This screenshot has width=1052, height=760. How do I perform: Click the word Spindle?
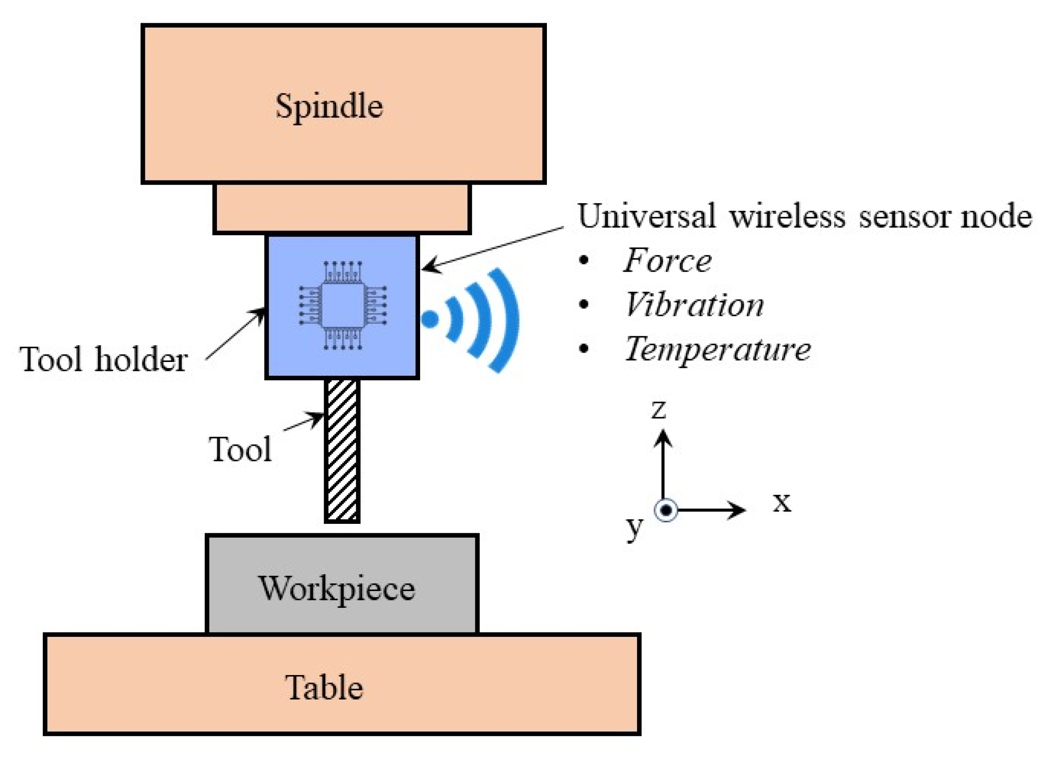tap(329, 107)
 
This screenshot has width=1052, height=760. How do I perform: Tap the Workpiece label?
tap(336, 589)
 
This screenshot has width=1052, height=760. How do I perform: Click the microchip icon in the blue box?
tap(343, 306)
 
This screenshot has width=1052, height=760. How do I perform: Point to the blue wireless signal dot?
tap(430, 319)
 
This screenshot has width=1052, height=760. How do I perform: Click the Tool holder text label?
tap(103, 360)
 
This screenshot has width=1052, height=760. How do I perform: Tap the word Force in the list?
tap(667, 261)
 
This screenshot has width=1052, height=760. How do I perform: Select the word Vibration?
tap(694, 306)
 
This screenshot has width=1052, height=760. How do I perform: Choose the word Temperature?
tap(717, 350)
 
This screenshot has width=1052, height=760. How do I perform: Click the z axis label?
tap(659, 410)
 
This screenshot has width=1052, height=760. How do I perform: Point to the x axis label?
tap(782, 503)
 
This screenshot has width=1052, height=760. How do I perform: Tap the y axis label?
tap(634, 527)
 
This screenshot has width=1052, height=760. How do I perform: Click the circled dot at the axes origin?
tap(666, 511)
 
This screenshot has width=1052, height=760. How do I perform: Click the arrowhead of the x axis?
tap(738, 511)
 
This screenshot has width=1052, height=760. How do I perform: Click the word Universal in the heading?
tap(646, 216)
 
